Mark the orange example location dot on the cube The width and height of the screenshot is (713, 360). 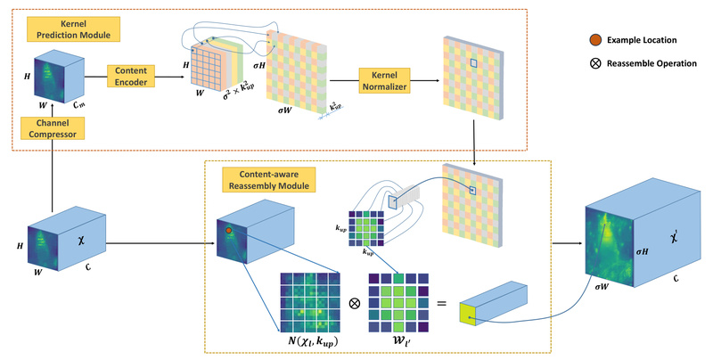tap(229, 230)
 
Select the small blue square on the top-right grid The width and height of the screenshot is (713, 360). tap(475, 62)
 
